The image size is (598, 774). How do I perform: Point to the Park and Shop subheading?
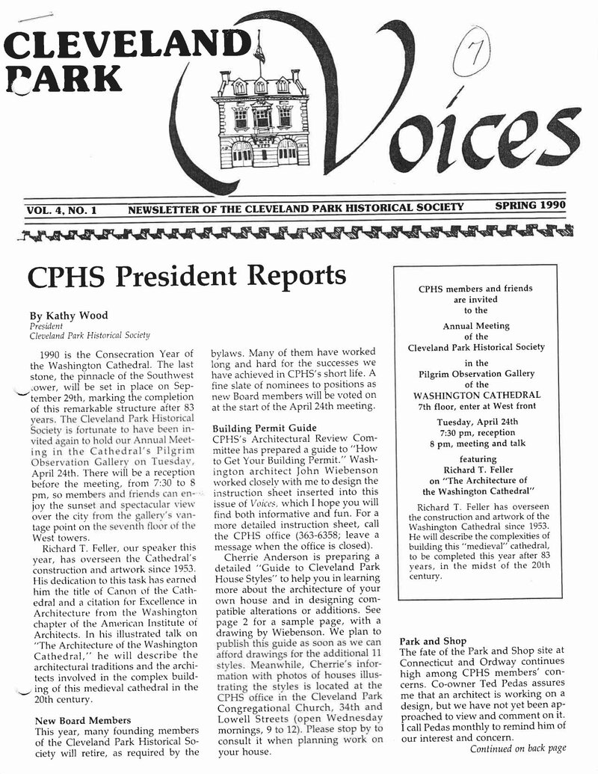coord(433,641)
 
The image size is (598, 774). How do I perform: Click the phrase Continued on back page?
coord(517,748)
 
